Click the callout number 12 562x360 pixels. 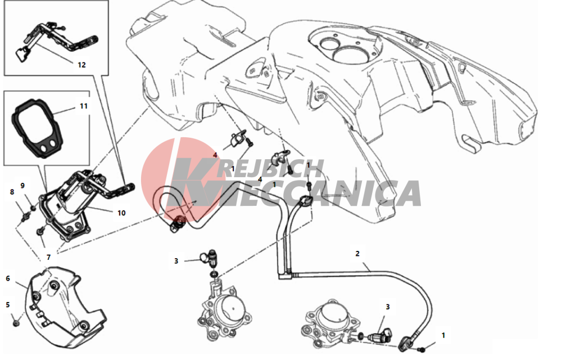81,65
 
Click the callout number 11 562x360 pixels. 84,106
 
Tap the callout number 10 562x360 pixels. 121,213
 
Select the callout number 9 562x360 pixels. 22,186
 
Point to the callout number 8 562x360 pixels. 12,192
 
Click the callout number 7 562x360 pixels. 49,257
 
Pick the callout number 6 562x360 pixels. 8,278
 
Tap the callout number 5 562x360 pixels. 8,305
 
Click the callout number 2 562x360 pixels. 357,254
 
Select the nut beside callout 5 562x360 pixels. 16,323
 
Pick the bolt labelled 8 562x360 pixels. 25,217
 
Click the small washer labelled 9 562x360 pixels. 33,208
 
